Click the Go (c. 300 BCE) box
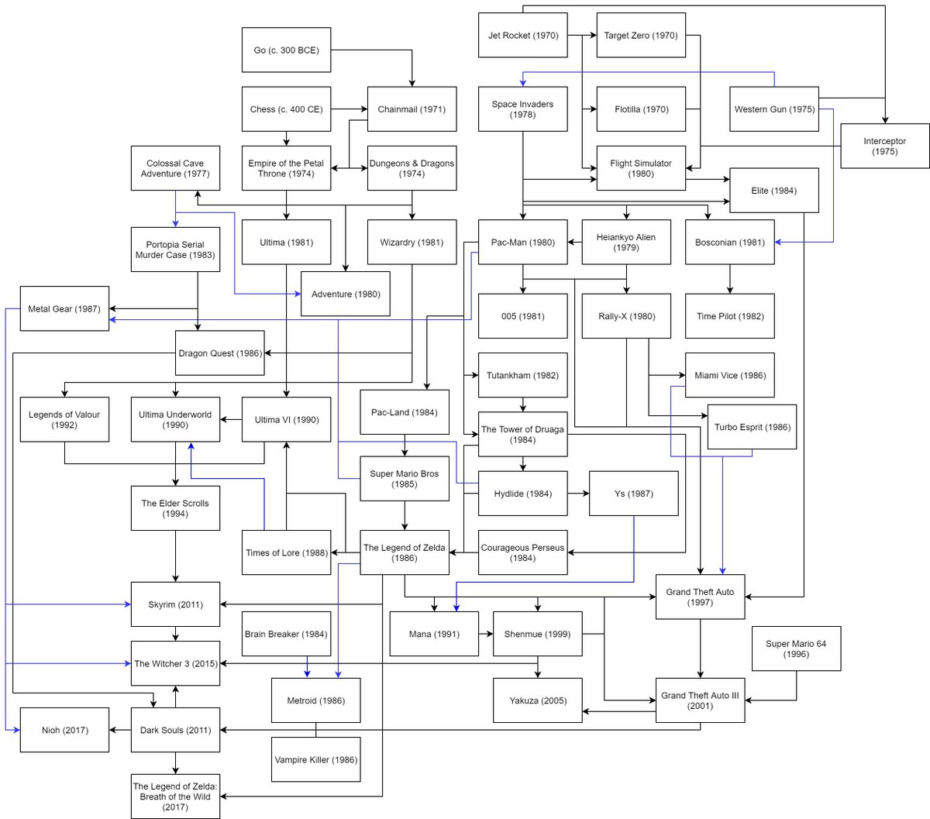[286, 50]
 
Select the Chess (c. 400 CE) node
[286, 108]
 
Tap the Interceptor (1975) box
[884, 146]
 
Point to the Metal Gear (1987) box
[64, 308]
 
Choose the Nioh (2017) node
[64, 730]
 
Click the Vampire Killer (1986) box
[316, 759]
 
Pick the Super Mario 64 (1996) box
[796, 649]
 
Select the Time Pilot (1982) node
[730, 316]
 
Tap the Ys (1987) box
[633, 494]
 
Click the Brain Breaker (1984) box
[286, 634]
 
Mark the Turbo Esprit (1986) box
[752, 427]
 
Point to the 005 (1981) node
[523, 316]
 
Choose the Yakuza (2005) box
[538, 700]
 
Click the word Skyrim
[161, 604]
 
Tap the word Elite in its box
[759, 191]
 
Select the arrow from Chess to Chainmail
[349, 108]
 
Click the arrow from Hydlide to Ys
[578, 494]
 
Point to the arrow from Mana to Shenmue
[486, 634]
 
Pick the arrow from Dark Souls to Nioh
[120, 730]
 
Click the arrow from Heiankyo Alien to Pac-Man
[575, 242]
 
